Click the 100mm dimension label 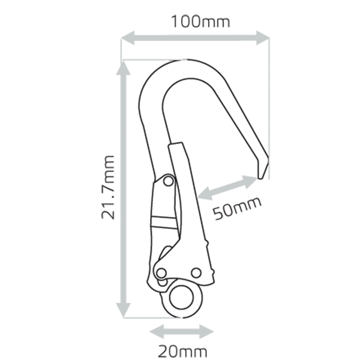point(200,22)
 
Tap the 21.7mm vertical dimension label point(108,187)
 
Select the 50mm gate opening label point(237,208)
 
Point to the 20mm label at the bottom point(182,351)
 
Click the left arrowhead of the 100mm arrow point(127,37)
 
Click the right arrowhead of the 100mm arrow point(263,37)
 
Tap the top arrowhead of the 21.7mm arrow point(123,68)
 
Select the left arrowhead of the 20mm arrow point(157,332)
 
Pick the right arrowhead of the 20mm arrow point(207,332)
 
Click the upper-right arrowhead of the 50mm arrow point(250,181)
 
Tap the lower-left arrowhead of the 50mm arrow point(205,194)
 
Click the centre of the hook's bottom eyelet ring point(182,297)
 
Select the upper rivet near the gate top point(168,181)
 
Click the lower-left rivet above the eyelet point(162,273)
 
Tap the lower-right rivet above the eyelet point(196,273)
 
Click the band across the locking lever point(164,222)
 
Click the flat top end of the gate point(176,143)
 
